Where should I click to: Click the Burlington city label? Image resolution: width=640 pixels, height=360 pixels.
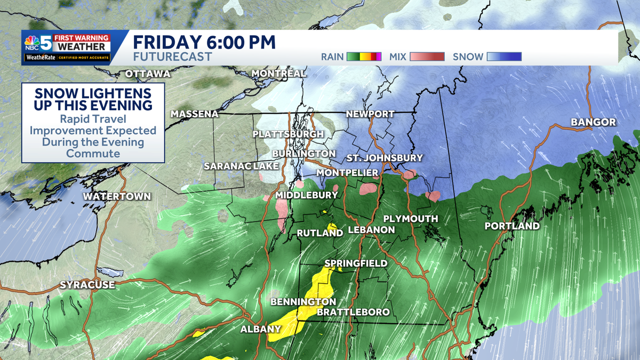(303, 154)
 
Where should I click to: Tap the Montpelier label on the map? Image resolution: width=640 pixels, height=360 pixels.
(347, 173)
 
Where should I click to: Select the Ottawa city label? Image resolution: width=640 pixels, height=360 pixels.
(147, 74)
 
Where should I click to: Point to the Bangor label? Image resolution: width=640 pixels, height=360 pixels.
(593, 122)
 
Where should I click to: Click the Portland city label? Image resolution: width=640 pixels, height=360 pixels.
(511, 226)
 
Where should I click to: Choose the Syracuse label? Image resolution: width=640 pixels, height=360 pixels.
(87, 285)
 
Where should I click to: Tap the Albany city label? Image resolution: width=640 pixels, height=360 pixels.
(261, 329)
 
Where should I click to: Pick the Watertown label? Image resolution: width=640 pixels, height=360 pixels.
(117, 197)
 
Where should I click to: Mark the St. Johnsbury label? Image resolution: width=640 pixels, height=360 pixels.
(385, 158)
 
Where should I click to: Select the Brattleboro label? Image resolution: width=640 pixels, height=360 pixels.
(353, 312)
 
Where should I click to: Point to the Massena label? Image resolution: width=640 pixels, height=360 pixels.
(195, 114)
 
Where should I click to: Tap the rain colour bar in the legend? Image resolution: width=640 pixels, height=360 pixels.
(364, 57)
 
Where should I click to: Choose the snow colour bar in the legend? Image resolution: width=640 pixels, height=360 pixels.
(504, 57)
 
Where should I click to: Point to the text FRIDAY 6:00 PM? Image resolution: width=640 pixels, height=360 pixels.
(204, 42)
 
